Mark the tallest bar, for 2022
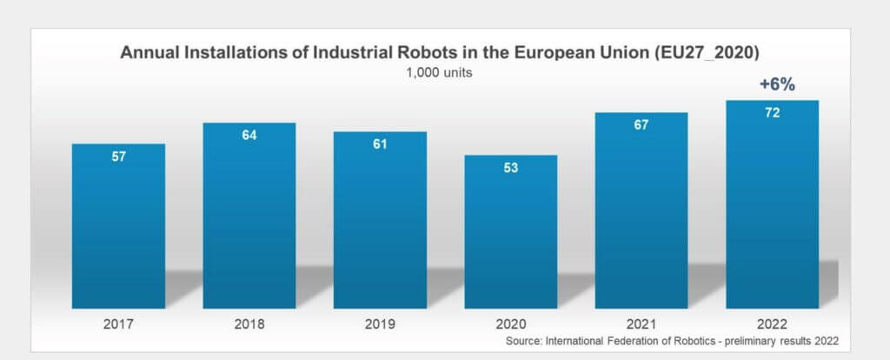[773, 209]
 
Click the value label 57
[118, 158]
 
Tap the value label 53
[511, 168]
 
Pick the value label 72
[773, 114]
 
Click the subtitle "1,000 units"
[439, 73]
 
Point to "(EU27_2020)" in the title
[714, 52]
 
